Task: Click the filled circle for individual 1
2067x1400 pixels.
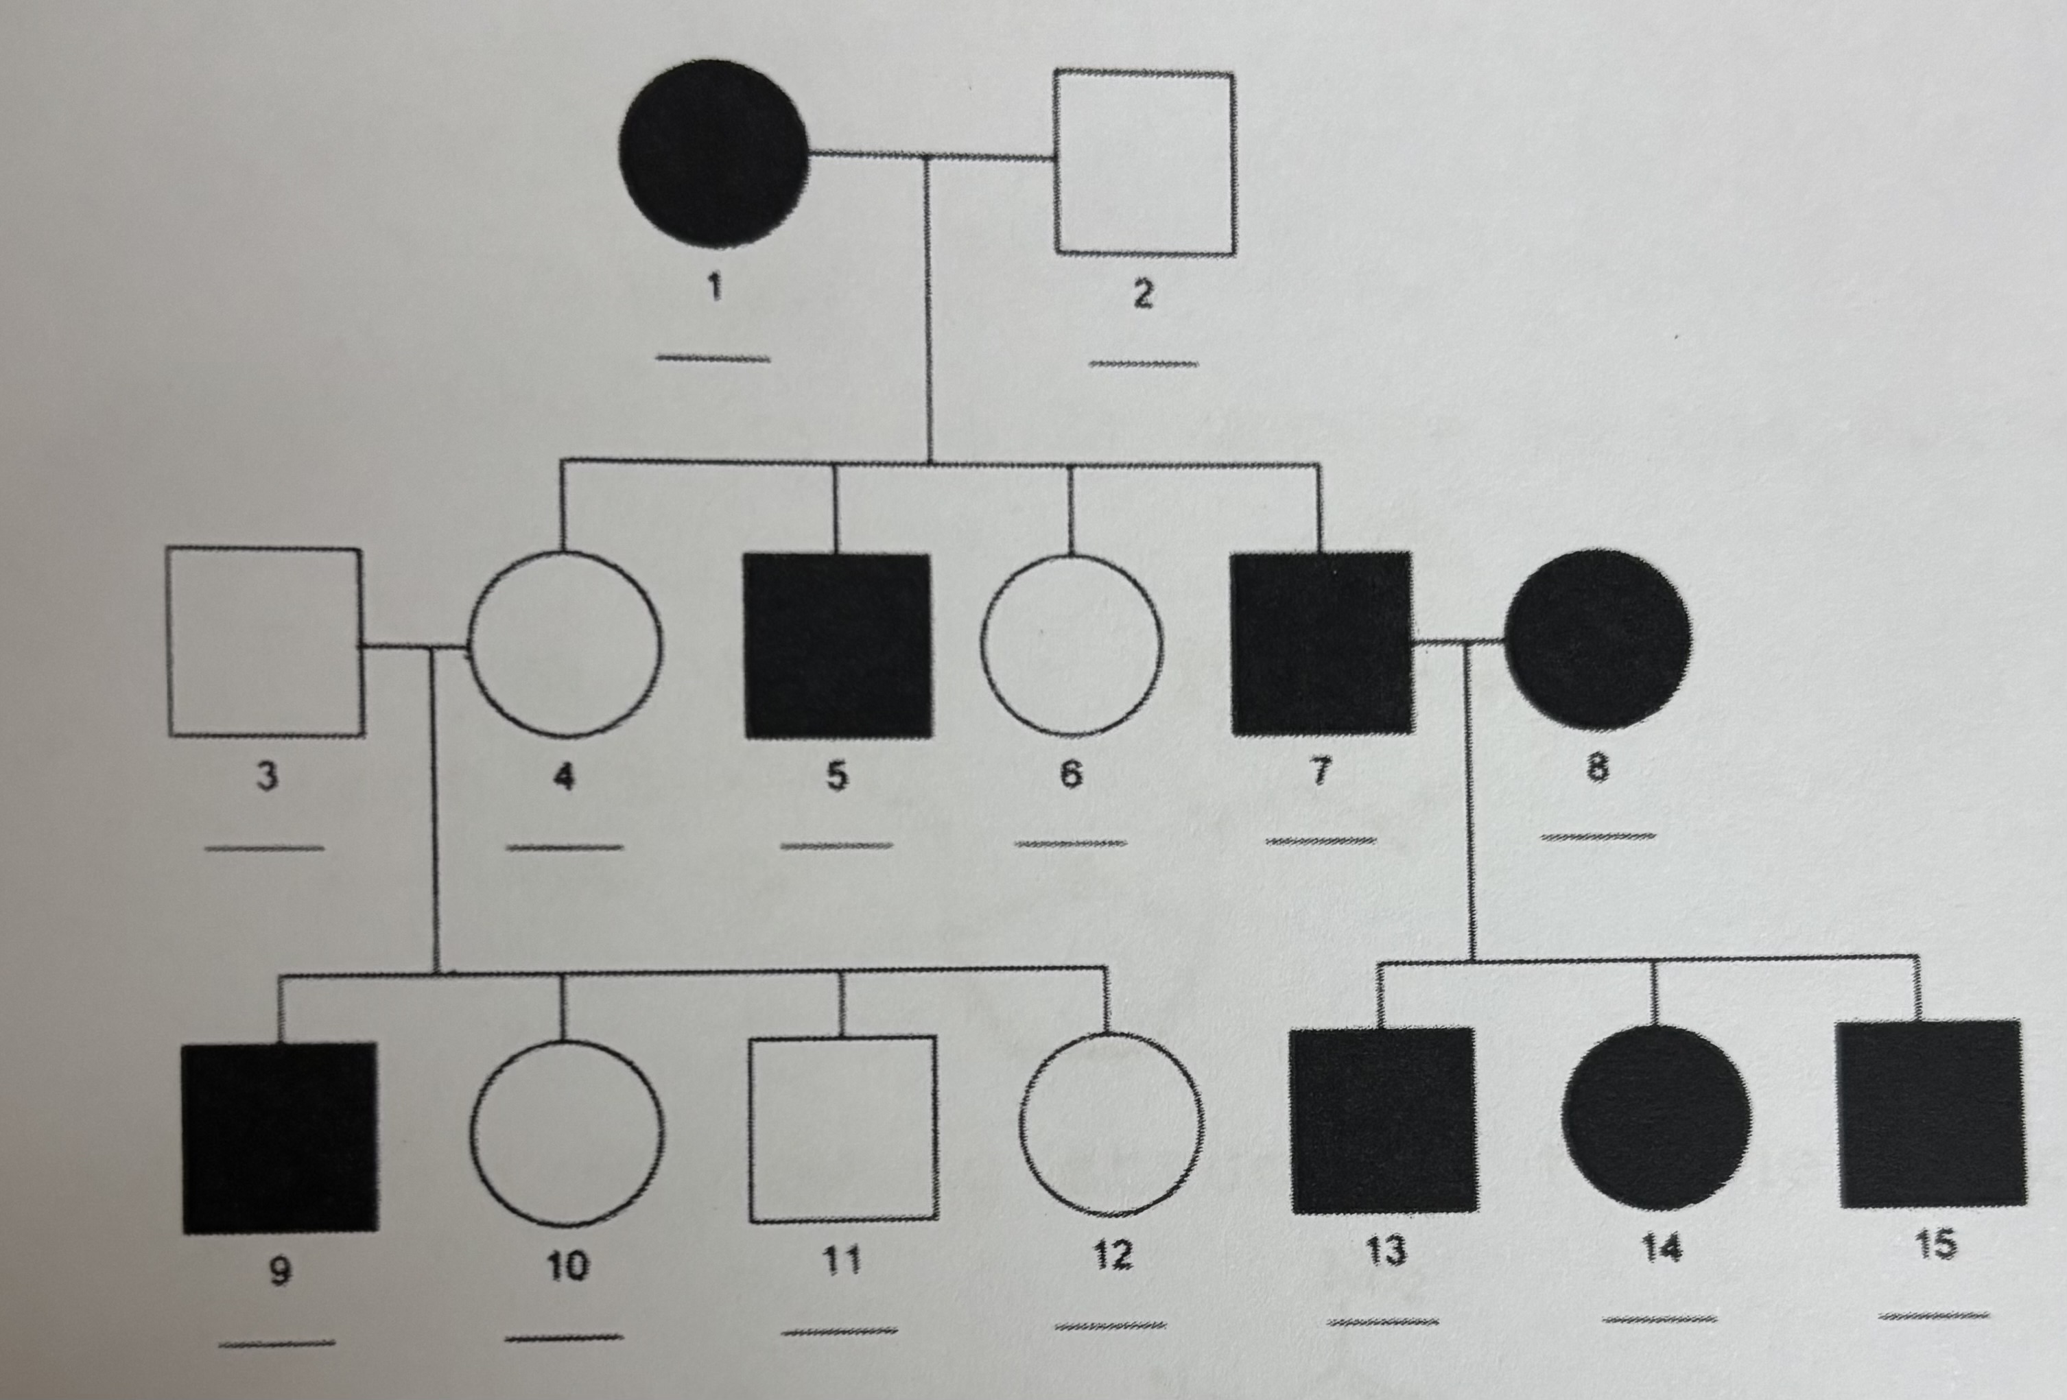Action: (713, 153)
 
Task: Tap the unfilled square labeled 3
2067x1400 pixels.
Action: (265, 642)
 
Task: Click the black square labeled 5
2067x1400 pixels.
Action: (838, 645)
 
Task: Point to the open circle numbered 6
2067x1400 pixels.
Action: (1072, 644)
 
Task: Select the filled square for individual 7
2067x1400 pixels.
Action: (1322, 642)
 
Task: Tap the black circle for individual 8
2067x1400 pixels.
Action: (1598, 639)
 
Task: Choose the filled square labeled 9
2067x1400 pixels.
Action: (279, 1137)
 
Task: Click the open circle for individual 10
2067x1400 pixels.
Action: (567, 1132)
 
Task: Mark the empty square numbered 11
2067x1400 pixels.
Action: (842, 1129)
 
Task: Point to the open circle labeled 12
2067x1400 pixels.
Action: (1111, 1124)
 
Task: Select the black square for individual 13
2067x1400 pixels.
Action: (1383, 1120)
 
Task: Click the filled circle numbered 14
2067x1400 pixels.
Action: (1656, 1117)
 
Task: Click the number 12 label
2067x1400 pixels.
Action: (1112, 1254)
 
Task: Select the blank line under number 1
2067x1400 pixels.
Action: (713, 359)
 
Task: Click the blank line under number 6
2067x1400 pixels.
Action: (1071, 842)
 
